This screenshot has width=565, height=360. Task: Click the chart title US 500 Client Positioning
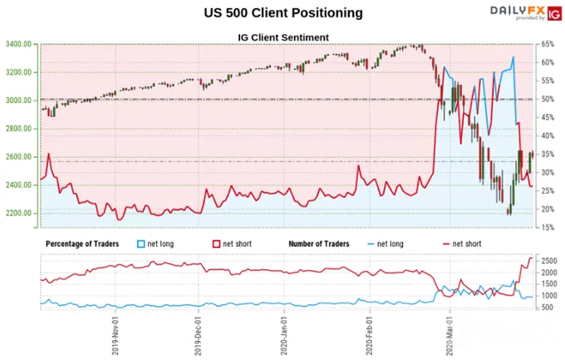pos(283,12)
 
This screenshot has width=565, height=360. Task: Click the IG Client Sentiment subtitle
pos(283,37)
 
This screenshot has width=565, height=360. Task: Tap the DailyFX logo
pos(526,13)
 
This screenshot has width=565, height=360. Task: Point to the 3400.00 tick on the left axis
pos(18,44)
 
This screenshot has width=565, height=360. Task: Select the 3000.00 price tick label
pos(18,101)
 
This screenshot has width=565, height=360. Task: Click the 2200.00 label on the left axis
pos(18,213)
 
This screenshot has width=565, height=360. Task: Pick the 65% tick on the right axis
pos(548,44)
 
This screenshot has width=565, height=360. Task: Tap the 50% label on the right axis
pos(548,99)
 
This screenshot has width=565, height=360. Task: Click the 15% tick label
pos(548,228)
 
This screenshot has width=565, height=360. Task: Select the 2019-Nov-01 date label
pos(115,336)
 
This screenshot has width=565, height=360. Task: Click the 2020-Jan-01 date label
pos(284,336)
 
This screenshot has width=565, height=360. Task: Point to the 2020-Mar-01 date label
pos(450,336)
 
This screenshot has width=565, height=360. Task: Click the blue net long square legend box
pos(141,244)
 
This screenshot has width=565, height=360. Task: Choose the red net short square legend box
pos(216,244)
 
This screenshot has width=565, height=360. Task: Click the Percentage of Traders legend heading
pos(82,244)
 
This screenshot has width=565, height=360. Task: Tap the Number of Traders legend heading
pos(319,244)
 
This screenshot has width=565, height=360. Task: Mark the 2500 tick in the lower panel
pos(549,261)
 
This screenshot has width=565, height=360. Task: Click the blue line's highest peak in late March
pos(513,57)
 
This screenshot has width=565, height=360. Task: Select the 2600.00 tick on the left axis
pos(18,157)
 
